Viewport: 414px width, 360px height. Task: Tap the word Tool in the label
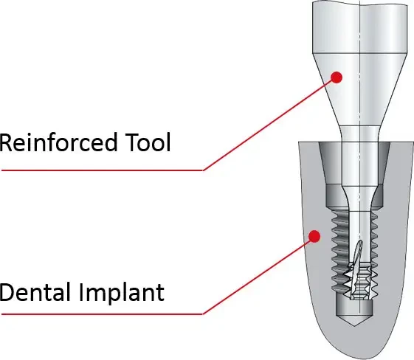[x=148, y=142]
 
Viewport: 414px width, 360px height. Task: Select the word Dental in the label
[x=35, y=291]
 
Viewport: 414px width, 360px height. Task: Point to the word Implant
[x=122, y=293]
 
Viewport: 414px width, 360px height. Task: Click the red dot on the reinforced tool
[x=337, y=77]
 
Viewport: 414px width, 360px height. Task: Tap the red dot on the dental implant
[x=314, y=236]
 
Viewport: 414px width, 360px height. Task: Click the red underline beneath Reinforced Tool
[x=102, y=170]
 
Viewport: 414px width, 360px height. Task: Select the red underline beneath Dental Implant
[x=102, y=314]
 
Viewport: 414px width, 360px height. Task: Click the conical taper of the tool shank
[x=360, y=90]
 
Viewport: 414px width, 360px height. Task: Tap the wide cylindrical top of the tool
[x=360, y=27]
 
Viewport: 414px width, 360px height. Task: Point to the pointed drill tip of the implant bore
[x=354, y=321]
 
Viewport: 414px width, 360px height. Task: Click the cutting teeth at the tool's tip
[x=359, y=280]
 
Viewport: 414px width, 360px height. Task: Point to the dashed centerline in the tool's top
[x=360, y=27]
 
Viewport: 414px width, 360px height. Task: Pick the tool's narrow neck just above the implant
[x=360, y=134]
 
